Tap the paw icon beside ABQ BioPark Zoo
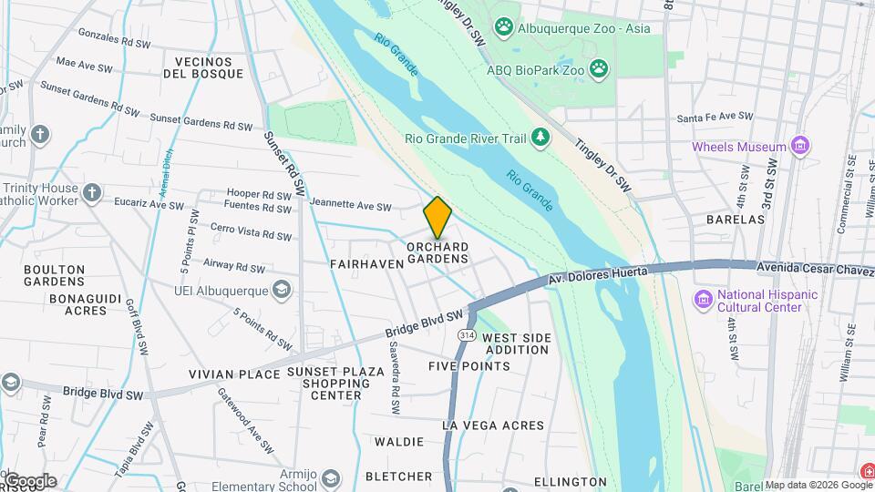[x=599, y=67]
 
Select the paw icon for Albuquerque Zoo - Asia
[x=504, y=28]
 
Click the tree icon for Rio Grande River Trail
[x=541, y=138]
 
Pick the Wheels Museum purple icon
[x=800, y=146]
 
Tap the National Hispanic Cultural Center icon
[x=703, y=300]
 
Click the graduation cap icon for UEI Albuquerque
[x=283, y=290]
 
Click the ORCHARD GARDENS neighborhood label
[x=437, y=252]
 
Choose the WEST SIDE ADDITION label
[x=517, y=343]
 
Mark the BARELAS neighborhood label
[x=735, y=220]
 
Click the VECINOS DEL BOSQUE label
[x=203, y=67]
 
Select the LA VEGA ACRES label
[x=492, y=425]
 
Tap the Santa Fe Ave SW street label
[x=715, y=118]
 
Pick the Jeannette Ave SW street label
[x=350, y=206]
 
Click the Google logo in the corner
[x=29, y=481]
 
